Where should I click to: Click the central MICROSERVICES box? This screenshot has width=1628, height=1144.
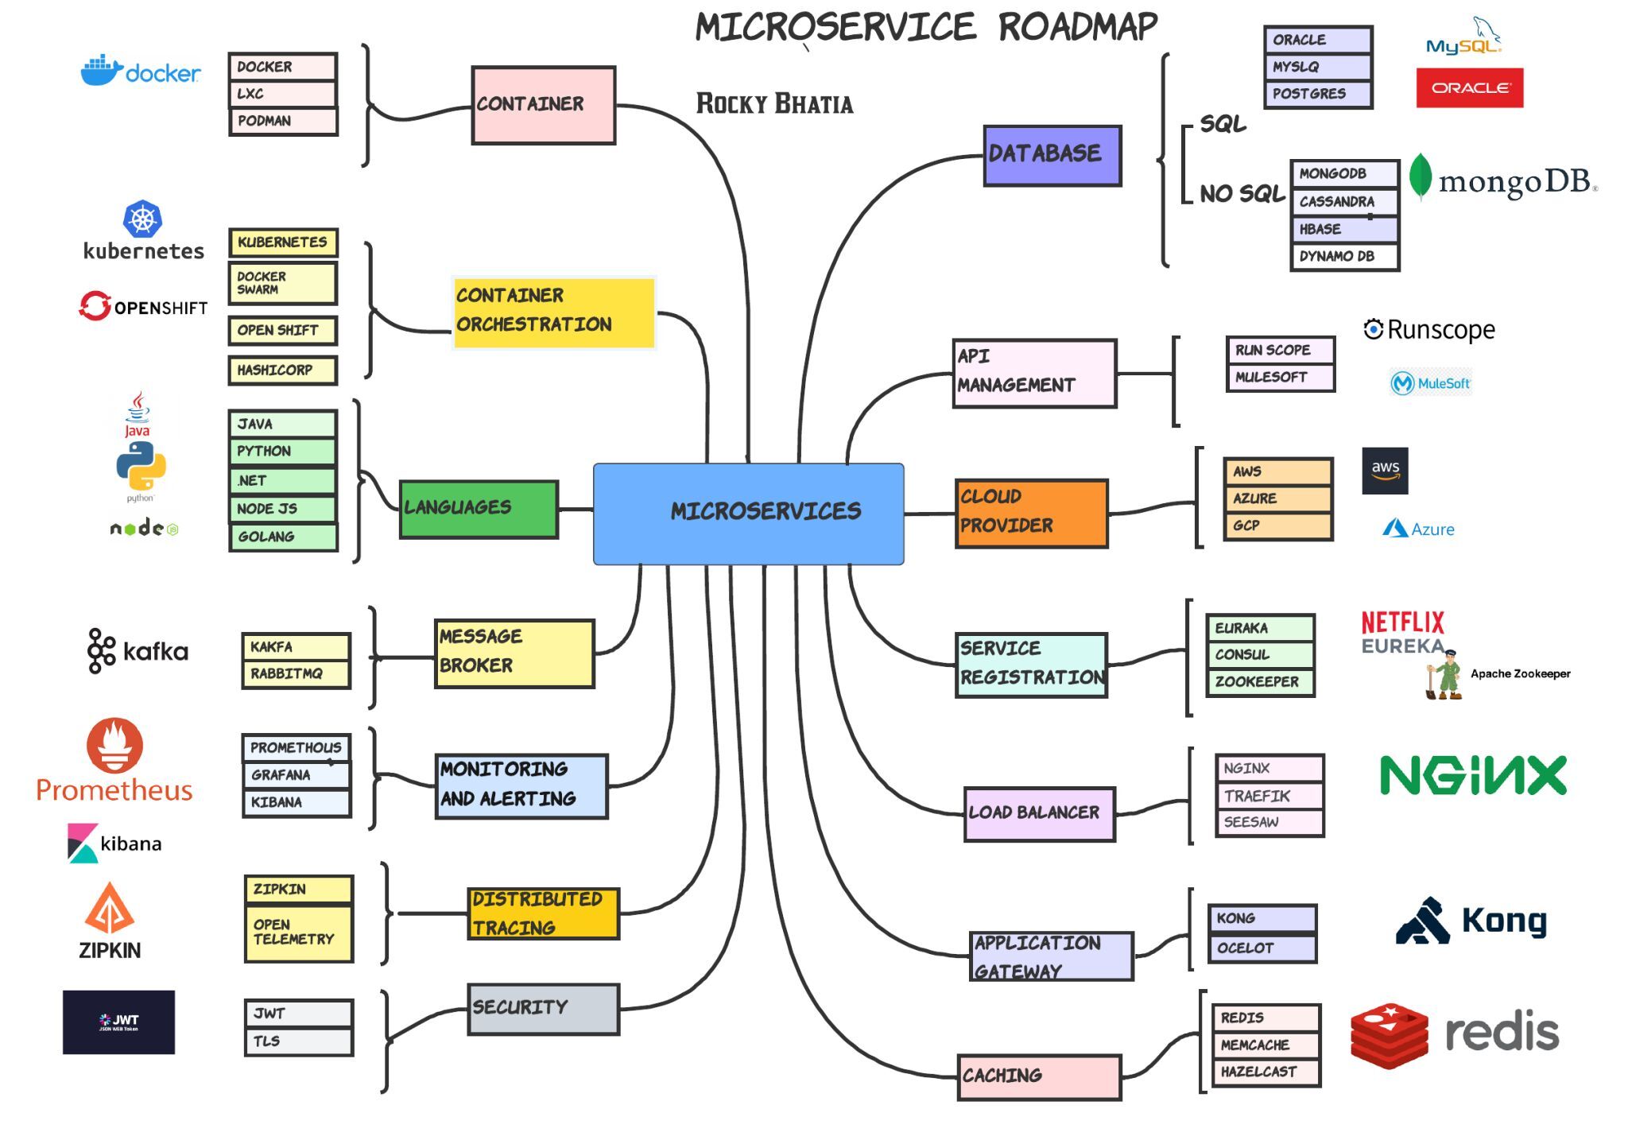click(748, 514)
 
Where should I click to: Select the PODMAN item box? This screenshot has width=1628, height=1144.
click(283, 121)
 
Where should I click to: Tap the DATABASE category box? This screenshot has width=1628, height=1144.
click(1052, 155)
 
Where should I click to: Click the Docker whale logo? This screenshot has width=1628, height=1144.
click(102, 72)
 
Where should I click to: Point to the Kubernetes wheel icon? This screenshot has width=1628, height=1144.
click(143, 219)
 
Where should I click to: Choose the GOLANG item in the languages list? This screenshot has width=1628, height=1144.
click(283, 537)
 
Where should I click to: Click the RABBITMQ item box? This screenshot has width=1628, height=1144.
click(296, 674)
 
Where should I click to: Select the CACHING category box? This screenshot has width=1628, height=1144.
click(1039, 1077)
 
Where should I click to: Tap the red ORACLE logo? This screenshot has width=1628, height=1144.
click(1469, 87)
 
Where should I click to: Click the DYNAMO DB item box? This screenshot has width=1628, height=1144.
click(1344, 257)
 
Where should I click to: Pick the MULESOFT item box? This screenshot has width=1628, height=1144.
click(1279, 378)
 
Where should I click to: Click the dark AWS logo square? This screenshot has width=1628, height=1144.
click(1385, 471)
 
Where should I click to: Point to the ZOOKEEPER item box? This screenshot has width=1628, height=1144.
click(1260, 682)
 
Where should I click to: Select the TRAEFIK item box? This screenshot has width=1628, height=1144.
click(1269, 796)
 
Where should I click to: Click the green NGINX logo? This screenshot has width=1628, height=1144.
click(1473, 775)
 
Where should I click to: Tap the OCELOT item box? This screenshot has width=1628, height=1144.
click(1262, 948)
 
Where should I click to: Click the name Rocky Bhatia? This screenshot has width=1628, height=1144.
click(774, 104)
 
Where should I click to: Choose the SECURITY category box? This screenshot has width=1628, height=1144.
click(543, 1009)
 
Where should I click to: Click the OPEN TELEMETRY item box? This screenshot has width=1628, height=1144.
click(298, 933)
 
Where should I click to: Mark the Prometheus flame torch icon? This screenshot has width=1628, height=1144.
click(115, 745)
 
